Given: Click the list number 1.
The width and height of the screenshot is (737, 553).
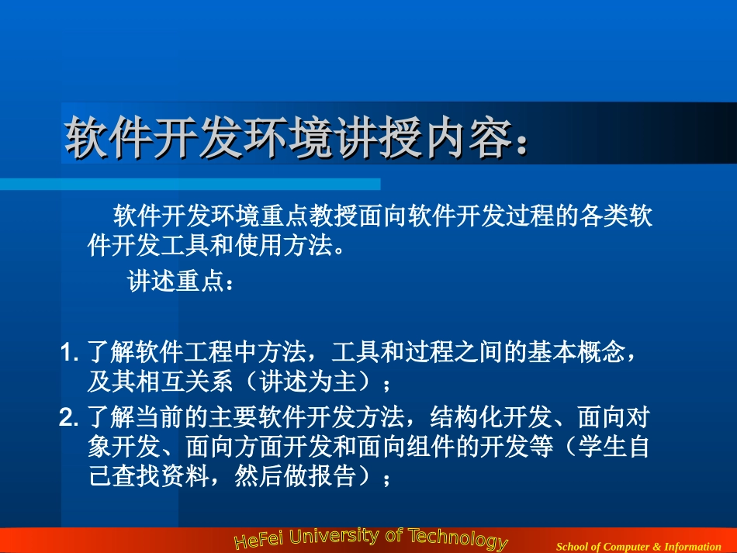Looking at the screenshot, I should coord(68,353).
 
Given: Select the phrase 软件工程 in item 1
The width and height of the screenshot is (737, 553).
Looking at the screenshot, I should coord(185,353).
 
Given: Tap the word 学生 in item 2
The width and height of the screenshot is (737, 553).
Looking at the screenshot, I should coord(600,448).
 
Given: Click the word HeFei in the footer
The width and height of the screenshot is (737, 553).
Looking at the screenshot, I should coord(259,541).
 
